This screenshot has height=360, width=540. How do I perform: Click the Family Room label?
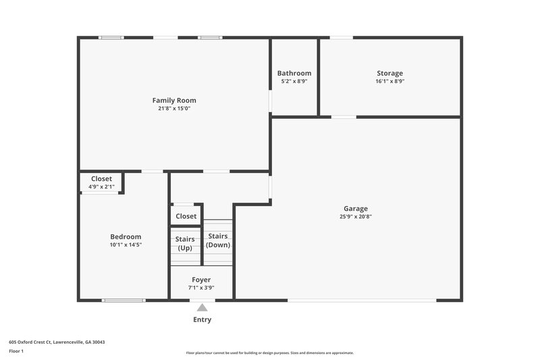(173, 101)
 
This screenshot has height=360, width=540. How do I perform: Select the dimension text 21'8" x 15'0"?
(173, 108)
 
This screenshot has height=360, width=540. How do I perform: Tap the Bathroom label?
(294, 74)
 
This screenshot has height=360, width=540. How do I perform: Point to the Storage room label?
(389, 74)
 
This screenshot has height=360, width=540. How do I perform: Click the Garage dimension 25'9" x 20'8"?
(356, 217)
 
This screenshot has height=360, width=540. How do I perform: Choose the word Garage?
(356, 209)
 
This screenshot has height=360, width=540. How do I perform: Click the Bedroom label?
(126, 236)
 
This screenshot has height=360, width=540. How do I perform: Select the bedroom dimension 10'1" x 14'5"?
(126, 245)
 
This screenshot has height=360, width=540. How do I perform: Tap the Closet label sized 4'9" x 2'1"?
(101, 179)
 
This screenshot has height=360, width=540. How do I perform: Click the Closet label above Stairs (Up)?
(186, 216)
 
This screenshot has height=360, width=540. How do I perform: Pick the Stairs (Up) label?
(185, 243)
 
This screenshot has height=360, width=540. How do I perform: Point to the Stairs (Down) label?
(218, 240)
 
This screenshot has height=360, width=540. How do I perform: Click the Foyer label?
(201, 280)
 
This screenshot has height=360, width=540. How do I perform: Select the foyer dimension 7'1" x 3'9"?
(201, 288)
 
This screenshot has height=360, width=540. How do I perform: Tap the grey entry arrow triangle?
(202, 308)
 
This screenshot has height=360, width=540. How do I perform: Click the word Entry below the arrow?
(202, 319)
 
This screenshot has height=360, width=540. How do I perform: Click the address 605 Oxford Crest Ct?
(57, 342)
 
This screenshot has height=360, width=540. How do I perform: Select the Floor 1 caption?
(16, 351)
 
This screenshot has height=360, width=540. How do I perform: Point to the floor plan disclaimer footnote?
(269, 353)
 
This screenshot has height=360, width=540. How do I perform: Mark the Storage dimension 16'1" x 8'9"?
(389, 81)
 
